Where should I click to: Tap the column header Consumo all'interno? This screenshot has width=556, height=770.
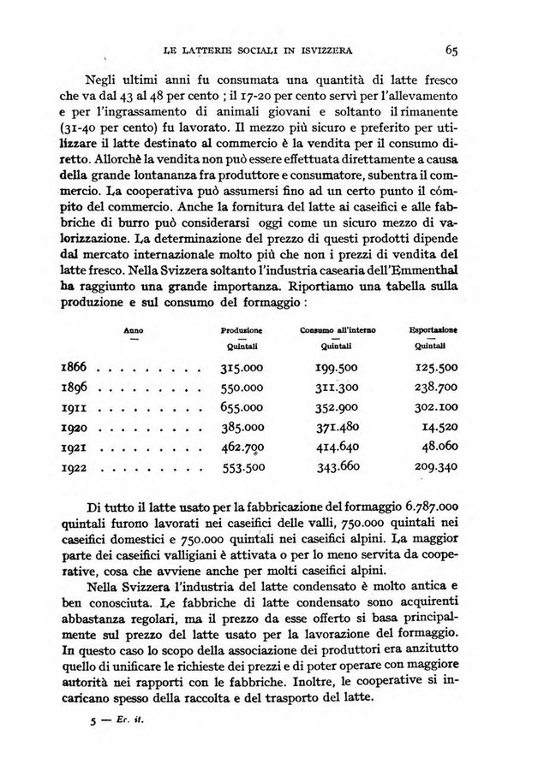[338, 329]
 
